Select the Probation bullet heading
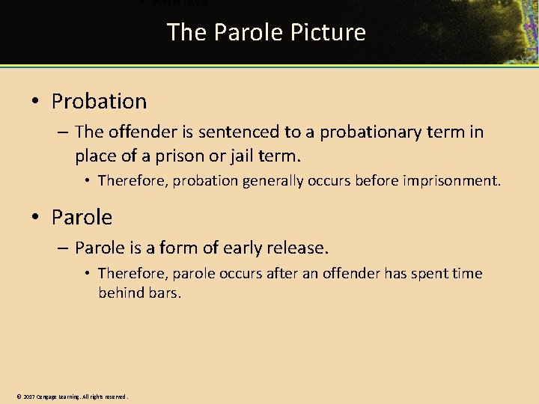coord(99,101)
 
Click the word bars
coord(164,293)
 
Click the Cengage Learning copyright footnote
coord(72,397)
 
